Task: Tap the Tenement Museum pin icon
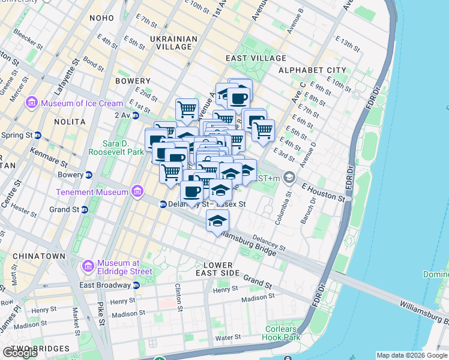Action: pos(138,192)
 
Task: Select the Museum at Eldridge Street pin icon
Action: pos(88,265)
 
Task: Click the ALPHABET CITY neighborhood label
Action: pos(312,70)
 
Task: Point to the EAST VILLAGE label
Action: pos(256,58)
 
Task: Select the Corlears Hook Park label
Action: pos(281,333)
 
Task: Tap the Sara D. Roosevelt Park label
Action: pos(116,148)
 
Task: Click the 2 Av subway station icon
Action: pos(127,115)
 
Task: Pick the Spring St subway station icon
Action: pos(38,135)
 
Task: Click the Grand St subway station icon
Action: pos(85,209)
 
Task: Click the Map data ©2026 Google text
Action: pos(411,355)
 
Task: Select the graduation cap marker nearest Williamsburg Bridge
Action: pos(218,221)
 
